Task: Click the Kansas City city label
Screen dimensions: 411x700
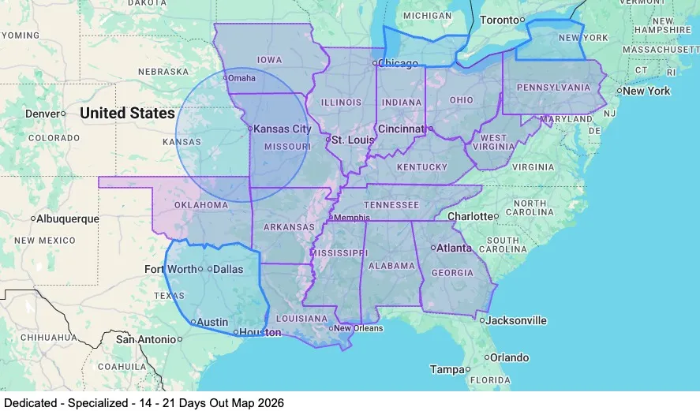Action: tap(283, 129)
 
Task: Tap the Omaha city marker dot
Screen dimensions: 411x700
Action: tap(226, 77)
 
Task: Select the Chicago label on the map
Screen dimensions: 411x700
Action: tap(398, 63)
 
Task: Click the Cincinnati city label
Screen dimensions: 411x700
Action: tap(402, 129)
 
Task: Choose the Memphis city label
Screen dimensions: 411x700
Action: tap(351, 218)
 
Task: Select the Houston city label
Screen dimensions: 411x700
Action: tap(260, 333)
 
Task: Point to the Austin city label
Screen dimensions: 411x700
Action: tap(211, 322)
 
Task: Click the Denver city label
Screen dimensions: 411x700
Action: tap(42, 114)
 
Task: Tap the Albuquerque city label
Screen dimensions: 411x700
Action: tap(69, 219)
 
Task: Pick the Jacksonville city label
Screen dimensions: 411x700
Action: tap(516, 320)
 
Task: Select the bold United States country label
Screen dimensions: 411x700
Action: tap(127, 114)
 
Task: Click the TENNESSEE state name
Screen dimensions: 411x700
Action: tap(391, 204)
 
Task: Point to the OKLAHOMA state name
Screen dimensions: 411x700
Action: tap(200, 205)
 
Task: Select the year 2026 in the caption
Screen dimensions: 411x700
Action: tap(269, 402)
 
